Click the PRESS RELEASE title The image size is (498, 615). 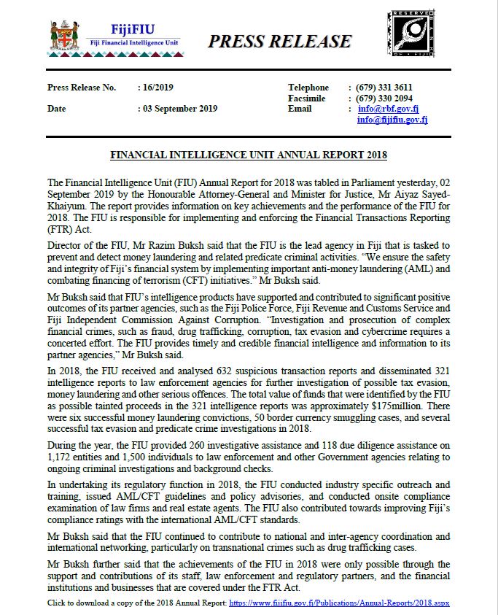(279, 42)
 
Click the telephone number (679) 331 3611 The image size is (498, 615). (384, 88)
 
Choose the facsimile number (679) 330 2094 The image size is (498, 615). (384, 98)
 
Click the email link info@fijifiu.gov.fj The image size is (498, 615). (392, 120)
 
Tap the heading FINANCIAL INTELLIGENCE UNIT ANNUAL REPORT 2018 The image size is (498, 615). (248, 155)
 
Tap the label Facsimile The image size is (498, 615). (307, 98)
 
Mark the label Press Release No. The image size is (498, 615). (82, 88)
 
